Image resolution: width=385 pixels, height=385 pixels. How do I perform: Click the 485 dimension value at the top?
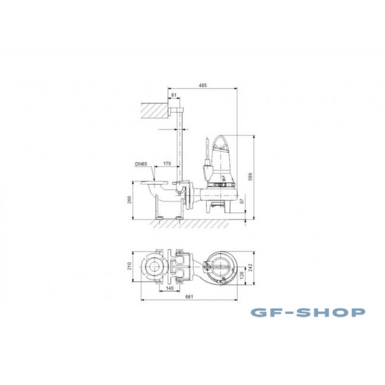coord(203,86)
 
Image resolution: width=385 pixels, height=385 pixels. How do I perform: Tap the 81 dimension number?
coord(174,95)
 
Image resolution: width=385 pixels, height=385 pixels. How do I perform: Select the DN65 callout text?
coord(141,164)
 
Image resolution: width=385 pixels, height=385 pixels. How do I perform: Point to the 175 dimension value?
coord(167,164)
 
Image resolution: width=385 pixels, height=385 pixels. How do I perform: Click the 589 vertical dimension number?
coord(250,177)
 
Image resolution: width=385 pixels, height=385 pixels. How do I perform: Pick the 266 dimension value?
coord(129,200)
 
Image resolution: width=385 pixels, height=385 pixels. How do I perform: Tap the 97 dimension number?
coord(242,201)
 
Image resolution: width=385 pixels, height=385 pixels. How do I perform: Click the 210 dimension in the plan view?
coord(129,266)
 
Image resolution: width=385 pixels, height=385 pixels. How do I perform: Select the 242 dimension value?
coord(250,268)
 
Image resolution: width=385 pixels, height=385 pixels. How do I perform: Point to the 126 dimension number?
coord(242,275)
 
